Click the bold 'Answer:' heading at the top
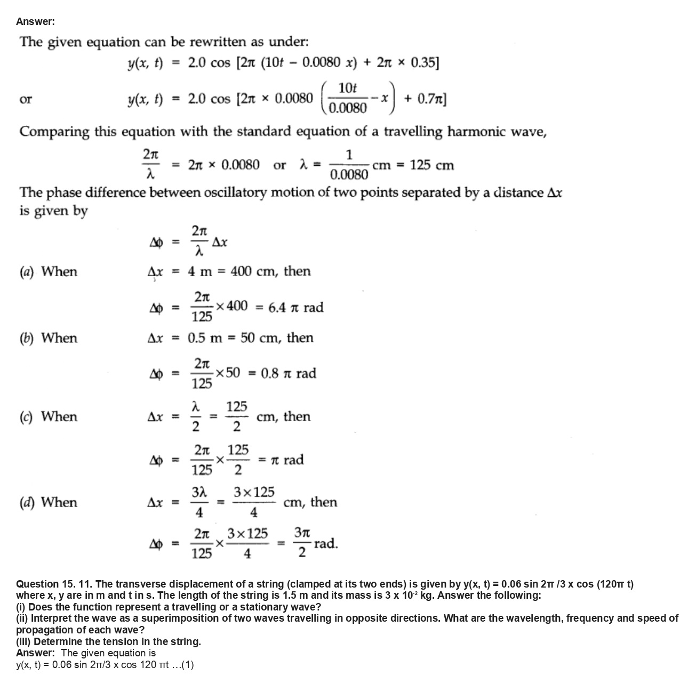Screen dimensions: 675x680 [35, 21]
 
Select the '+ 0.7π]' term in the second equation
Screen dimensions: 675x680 [425, 99]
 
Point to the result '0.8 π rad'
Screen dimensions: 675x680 [289, 373]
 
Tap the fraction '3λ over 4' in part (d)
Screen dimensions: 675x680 [199, 502]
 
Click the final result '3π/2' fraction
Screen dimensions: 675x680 [302, 543]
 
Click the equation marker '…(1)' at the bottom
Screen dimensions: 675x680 [182, 665]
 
